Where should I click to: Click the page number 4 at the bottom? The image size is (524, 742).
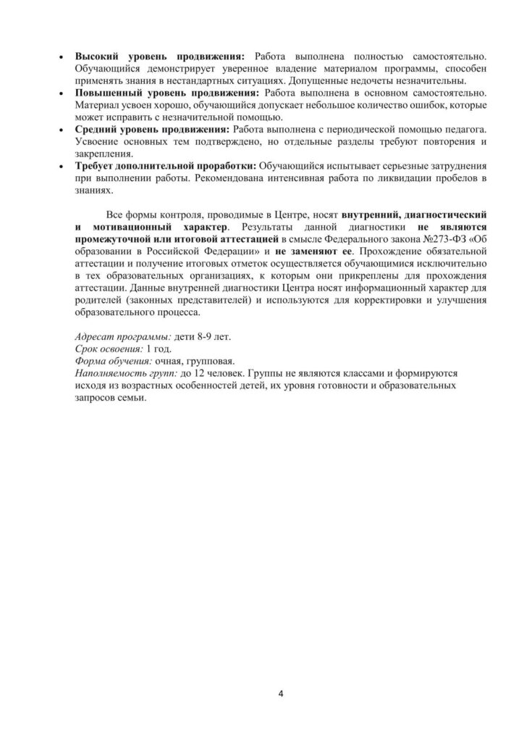click(281, 693)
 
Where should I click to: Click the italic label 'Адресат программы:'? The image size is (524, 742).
click(119, 338)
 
